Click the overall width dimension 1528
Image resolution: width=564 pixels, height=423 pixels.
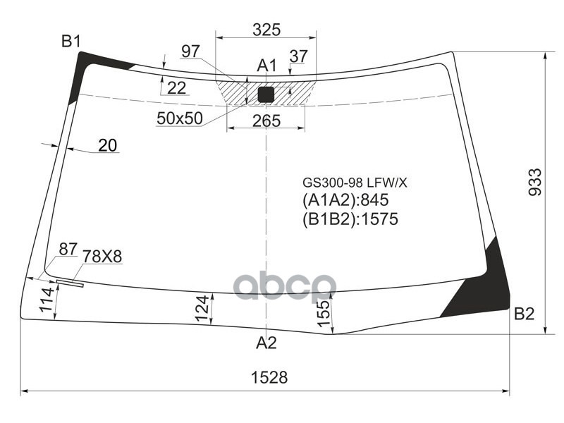(x=269, y=377)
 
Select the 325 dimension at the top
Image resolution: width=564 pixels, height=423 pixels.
(x=266, y=30)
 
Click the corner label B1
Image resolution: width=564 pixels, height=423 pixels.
(x=70, y=42)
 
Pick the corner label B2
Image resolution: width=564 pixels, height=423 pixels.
(x=524, y=314)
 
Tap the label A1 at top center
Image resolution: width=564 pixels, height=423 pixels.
(x=266, y=66)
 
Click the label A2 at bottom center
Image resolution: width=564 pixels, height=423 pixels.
(x=266, y=343)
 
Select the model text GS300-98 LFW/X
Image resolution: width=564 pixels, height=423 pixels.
(x=355, y=183)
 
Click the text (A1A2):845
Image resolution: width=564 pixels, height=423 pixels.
(x=345, y=200)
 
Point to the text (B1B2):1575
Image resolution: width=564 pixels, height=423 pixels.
(x=350, y=219)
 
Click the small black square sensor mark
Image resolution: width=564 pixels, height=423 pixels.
(x=266, y=94)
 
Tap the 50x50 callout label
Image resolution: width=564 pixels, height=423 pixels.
(x=180, y=118)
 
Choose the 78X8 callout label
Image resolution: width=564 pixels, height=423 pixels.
(x=102, y=257)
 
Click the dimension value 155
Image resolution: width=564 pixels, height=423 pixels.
(x=321, y=309)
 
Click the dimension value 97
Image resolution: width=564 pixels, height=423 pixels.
(x=190, y=51)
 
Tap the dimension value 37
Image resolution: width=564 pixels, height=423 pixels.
(x=298, y=56)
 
